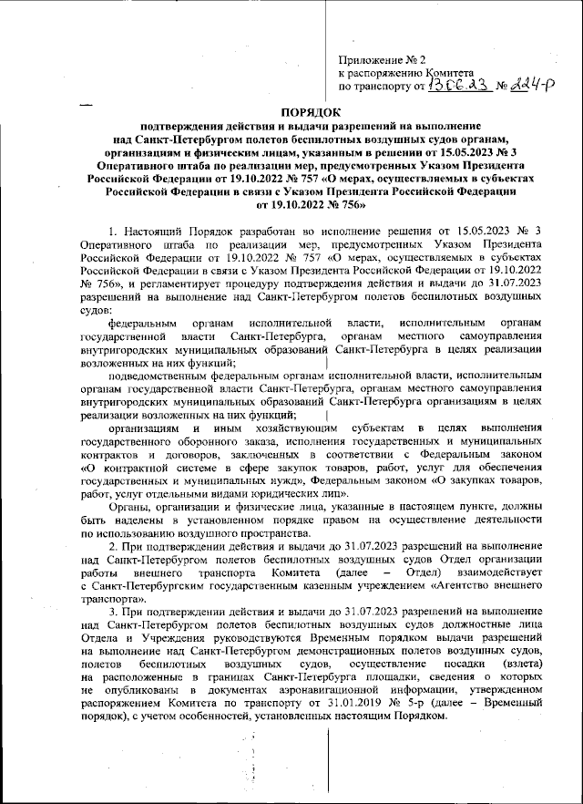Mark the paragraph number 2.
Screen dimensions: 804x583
110,545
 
